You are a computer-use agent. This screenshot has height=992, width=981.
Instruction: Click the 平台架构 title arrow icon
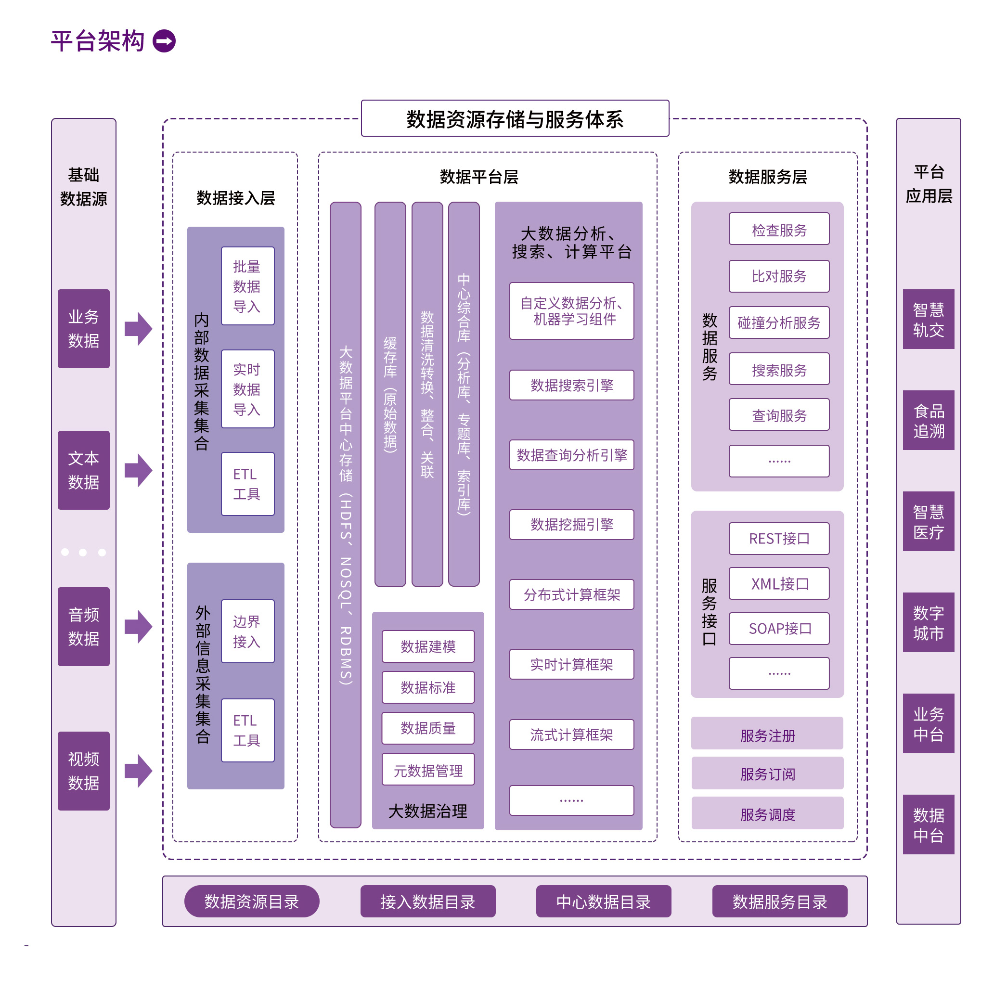tap(164, 41)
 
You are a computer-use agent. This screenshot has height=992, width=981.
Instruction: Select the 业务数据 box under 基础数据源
tap(83, 328)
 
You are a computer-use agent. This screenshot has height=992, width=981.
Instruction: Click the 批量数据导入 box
tap(247, 286)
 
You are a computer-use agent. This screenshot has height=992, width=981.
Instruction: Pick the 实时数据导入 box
tap(247, 389)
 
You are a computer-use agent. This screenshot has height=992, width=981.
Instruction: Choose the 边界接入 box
tap(247, 631)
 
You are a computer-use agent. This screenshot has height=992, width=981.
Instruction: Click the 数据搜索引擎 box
tap(571, 385)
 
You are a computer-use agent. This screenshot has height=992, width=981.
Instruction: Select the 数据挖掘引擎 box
tap(571, 524)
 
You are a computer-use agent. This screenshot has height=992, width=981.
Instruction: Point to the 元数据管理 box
tap(428, 770)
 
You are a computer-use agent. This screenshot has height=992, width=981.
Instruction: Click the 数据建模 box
tap(428, 646)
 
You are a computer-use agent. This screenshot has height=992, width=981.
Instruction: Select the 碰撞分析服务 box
tap(779, 322)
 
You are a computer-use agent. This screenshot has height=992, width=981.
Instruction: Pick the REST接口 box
tap(779, 538)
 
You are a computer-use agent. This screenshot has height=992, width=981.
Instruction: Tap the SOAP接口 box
tap(779, 628)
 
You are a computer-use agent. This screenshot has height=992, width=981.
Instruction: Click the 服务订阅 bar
tap(767, 773)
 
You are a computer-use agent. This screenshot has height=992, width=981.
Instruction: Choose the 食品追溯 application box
tap(928, 420)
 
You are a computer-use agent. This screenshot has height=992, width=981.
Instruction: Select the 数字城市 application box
tap(928, 622)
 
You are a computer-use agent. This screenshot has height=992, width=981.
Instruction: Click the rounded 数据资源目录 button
tap(252, 901)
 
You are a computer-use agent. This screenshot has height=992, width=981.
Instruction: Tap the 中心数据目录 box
tap(603, 901)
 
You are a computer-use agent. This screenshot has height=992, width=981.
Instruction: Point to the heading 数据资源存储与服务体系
tap(515, 118)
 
